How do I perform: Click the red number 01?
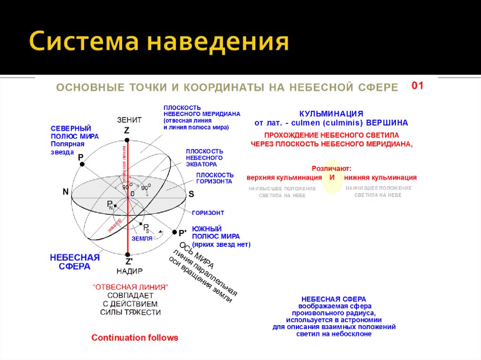point(418,85)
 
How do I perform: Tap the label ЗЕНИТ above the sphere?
point(129,120)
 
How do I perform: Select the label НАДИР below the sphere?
point(129,271)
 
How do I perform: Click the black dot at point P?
point(82,164)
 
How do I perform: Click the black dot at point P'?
point(175,232)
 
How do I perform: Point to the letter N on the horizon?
point(66,191)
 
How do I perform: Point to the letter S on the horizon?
point(191,194)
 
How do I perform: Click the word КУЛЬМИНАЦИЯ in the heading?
point(331,114)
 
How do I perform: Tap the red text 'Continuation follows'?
point(135,337)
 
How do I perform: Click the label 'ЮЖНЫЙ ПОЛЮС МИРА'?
point(216,232)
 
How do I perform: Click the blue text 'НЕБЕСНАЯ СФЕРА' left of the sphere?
point(75,262)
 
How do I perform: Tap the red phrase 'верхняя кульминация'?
point(284,177)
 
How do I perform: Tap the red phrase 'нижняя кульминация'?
point(380,177)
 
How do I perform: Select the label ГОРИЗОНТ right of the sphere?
point(208,213)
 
